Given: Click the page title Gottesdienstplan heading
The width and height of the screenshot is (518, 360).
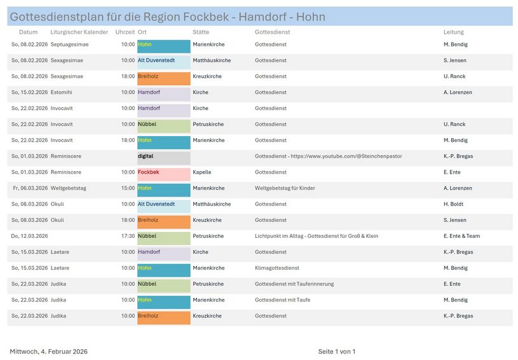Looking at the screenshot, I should (167, 17).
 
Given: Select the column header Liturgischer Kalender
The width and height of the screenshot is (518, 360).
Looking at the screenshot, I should (79, 32).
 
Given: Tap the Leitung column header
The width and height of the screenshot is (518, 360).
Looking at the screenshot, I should (453, 32).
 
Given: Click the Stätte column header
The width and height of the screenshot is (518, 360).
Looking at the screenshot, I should (200, 32).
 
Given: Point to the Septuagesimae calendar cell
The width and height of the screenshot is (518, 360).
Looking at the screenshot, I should (69, 45).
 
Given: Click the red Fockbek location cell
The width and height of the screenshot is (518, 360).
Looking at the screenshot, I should (163, 172).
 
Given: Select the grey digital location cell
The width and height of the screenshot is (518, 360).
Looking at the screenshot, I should (163, 156).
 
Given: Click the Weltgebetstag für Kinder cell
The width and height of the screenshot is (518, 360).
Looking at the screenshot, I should (285, 188).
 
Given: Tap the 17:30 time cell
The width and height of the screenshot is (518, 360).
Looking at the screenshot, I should (128, 236).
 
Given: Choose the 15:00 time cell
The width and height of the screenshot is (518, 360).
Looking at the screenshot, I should (128, 188).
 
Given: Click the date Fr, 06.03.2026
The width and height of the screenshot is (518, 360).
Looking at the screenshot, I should (29, 188).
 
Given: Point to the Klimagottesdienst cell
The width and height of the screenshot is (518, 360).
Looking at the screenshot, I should (276, 268).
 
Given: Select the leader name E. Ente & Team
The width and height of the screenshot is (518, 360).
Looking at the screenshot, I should (461, 236).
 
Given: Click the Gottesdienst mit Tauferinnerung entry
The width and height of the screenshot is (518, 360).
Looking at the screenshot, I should (294, 284).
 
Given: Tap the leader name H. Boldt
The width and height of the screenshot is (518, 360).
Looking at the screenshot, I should (454, 204).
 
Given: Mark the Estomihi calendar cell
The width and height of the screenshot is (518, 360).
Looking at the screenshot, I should (62, 92).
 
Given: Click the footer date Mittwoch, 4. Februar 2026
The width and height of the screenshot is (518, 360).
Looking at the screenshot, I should (48, 352).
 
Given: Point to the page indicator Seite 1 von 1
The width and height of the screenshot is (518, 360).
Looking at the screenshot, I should (336, 352).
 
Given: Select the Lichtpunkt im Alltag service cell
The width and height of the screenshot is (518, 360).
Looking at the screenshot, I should (316, 236).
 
